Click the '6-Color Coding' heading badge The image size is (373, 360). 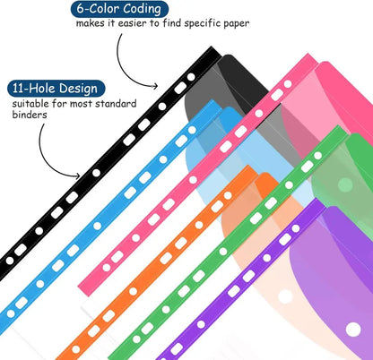(x=119, y=9)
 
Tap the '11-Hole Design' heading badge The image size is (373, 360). (x=56, y=89)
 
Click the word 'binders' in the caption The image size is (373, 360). (x=30, y=115)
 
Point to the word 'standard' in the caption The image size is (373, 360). (x=116, y=104)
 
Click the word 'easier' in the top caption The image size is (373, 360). (x=132, y=23)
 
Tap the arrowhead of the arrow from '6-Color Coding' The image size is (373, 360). (x=155, y=86)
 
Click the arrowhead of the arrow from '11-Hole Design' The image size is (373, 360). (x=78, y=176)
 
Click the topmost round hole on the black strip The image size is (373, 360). (x=191, y=77)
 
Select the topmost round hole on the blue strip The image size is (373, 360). (x=192, y=130)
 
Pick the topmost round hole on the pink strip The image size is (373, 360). (x=288, y=84)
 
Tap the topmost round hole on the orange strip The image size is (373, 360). (x=228, y=195)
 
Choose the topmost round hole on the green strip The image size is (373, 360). (x=318, y=156)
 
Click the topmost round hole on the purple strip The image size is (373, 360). (x=296, y=228)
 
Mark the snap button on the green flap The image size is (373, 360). (x=346, y=184)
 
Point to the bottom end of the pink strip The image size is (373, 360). (x=84, y=289)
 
